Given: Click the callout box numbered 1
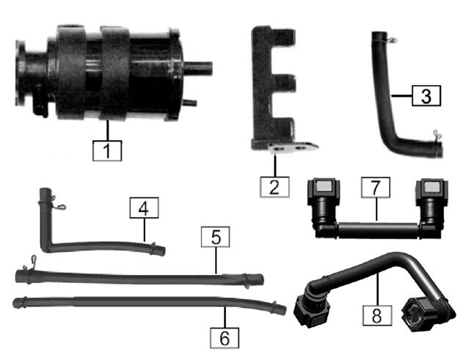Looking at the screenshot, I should pyautogui.click(x=107, y=152).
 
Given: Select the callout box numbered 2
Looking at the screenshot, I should pyautogui.click(x=274, y=185).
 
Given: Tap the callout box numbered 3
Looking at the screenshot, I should pyautogui.click(x=426, y=96).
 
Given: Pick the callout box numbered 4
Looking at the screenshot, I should pyautogui.click(x=144, y=209).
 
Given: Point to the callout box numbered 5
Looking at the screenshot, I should pyautogui.click(x=215, y=238).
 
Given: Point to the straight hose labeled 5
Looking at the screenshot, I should pyautogui.click(x=139, y=277).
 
